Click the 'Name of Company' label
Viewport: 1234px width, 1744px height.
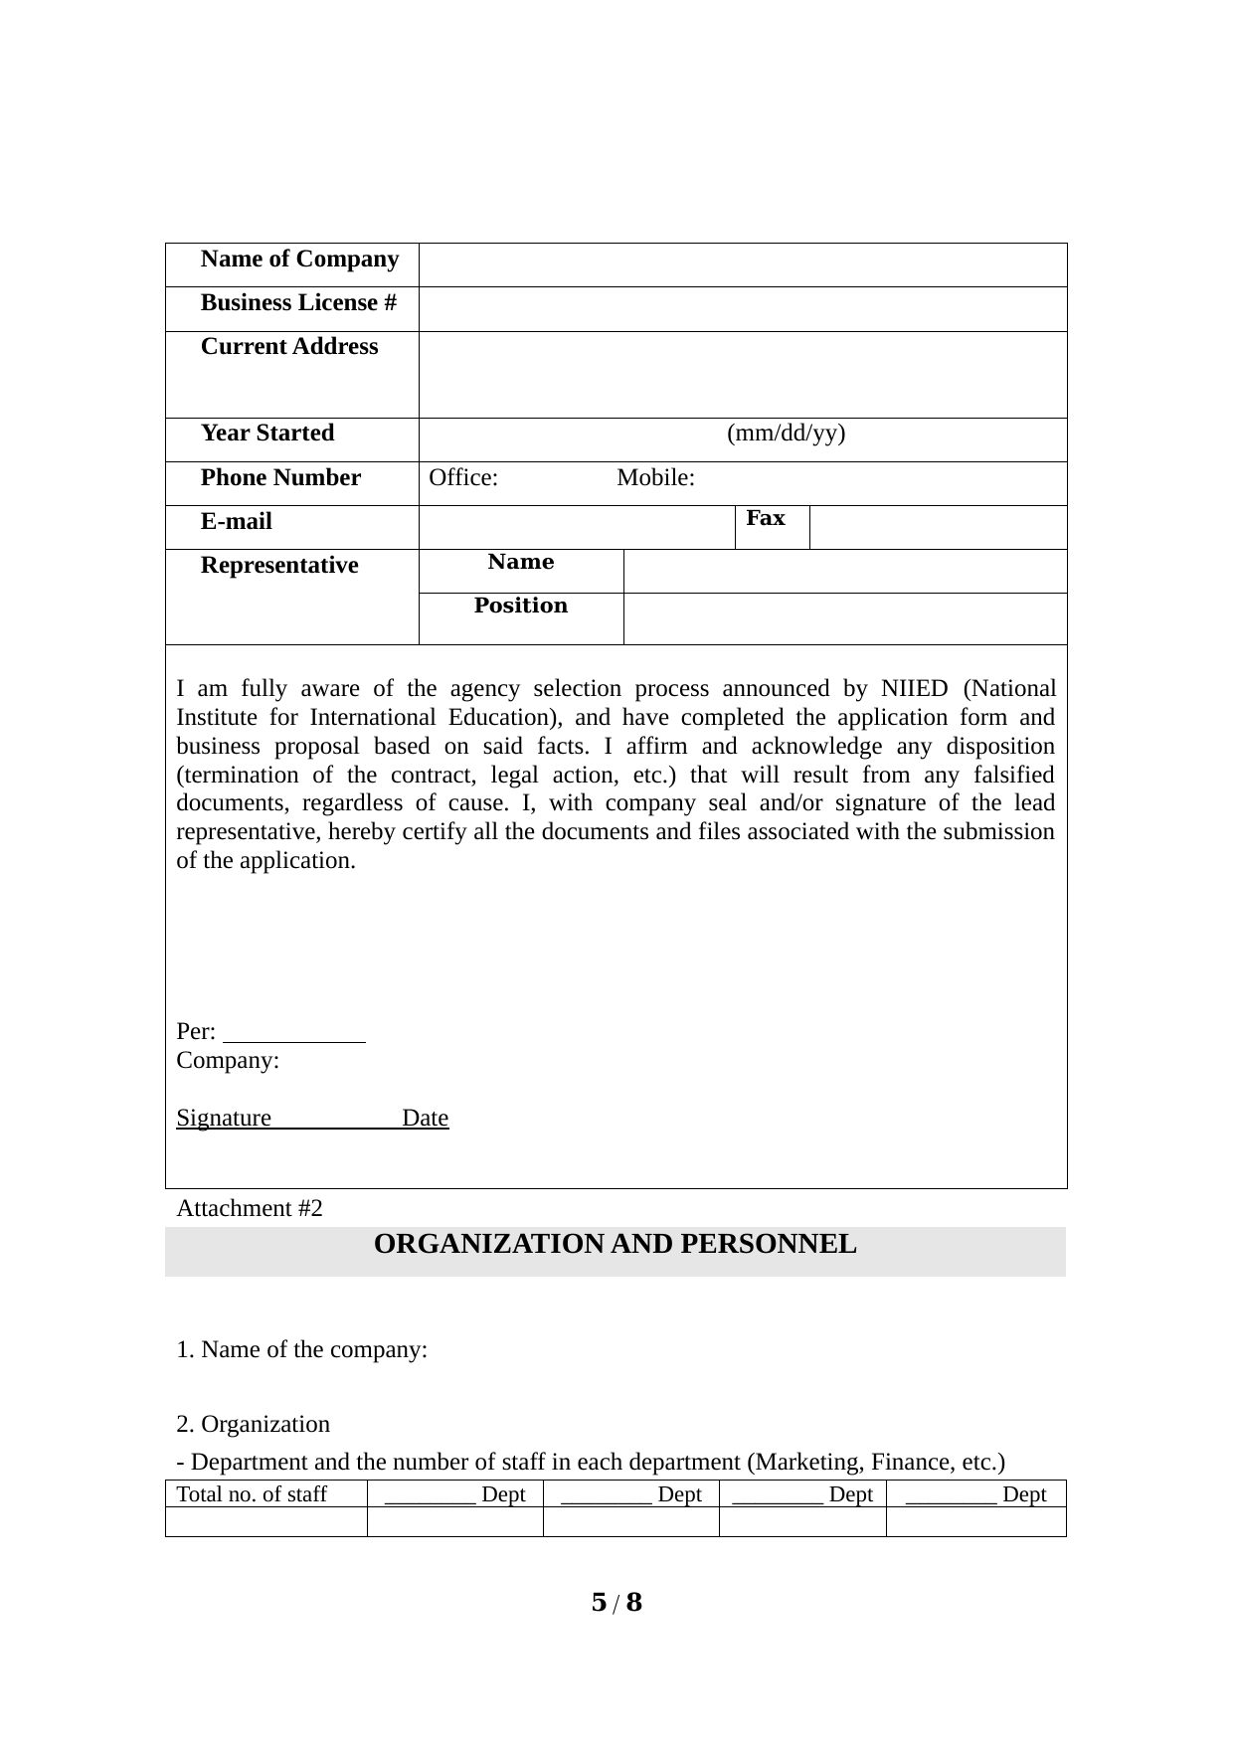pyautogui.click(x=299, y=260)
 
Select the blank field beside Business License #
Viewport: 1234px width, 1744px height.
pyautogui.click(x=742, y=309)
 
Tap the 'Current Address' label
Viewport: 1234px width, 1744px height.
pyautogui.click(x=289, y=347)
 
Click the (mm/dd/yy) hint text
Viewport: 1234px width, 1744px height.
pyautogui.click(x=787, y=434)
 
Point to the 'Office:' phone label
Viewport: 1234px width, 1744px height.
pyautogui.click(x=463, y=478)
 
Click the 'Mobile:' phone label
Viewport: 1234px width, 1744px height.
pyautogui.click(x=655, y=478)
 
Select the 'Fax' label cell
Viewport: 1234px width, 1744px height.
pyautogui.click(x=766, y=519)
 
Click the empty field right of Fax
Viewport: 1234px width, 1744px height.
pyautogui.click(x=938, y=527)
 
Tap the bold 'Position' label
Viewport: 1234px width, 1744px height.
pyautogui.click(x=521, y=607)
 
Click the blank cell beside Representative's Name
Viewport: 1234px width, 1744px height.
pyautogui.click(x=845, y=572)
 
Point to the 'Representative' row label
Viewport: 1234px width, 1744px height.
pyautogui.click(x=279, y=566)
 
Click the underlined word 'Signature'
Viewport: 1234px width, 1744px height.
pyautogui.click(x=224, y=1119)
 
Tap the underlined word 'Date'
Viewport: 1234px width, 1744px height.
pyautogui.click(x=426, y=1119)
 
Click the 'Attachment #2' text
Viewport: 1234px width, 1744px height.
pyautogui.click(x=250, y=1209)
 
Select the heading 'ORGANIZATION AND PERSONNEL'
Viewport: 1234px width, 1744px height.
pyautogui.click(x=615, y=1245)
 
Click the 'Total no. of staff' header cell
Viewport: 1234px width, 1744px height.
pyautogui.click(x=253, y=1494)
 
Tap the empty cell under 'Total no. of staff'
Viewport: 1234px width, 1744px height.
pyautogui.click(x=266, y=1522)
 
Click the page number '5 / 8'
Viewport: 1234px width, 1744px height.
pyautogui.click(x=617, y=1603)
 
